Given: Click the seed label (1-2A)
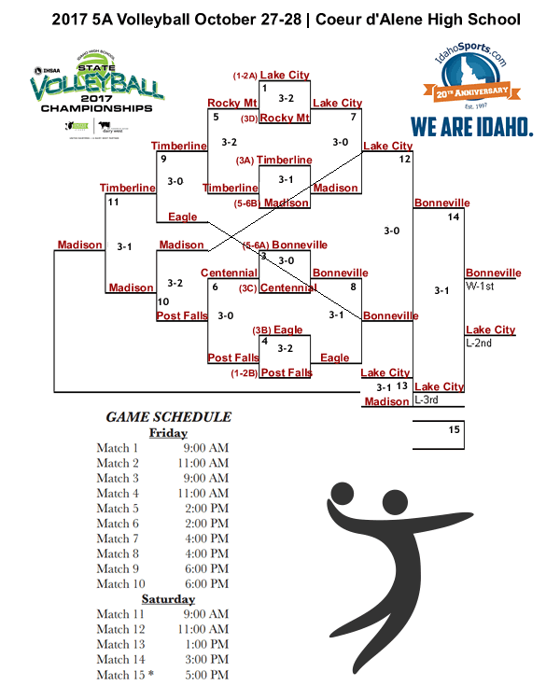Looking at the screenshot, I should coord(245,75).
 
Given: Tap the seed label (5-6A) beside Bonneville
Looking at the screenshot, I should coord(255,245).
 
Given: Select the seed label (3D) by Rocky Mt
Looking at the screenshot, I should coord(248,119).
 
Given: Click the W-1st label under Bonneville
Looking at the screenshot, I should coord(480,287).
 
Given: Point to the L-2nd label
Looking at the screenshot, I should coord(479,343).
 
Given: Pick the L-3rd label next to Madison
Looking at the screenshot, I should coord(427,400).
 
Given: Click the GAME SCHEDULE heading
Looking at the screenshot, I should coord(168,417).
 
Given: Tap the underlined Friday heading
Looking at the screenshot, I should coord(168,433).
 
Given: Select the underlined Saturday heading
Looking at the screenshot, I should coord(168,599).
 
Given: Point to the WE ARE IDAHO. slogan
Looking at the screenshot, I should coord(472,126).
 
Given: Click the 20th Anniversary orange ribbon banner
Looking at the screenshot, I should coord(471,91).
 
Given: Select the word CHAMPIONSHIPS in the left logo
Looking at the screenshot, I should coord(96,107).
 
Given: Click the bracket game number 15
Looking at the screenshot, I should coord(454,430).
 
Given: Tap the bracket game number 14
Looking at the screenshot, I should coord(454,217).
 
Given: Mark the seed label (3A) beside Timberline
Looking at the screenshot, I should coord(245,161).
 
